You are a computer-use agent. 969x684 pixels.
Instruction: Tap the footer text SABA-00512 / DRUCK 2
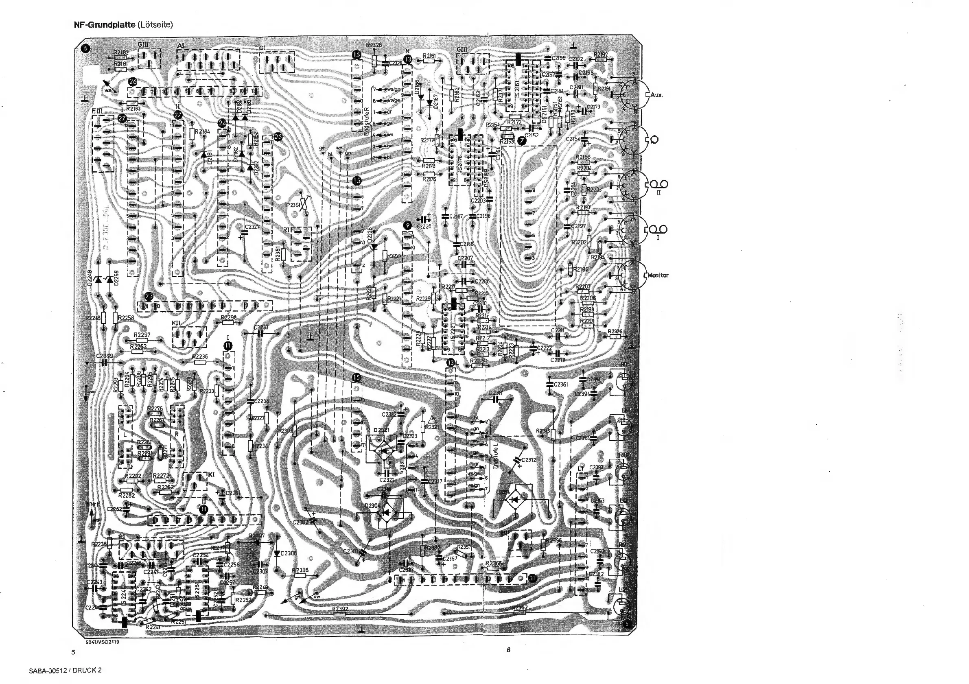pos(65,671)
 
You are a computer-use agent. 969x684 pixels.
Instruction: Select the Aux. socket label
pos(656,95)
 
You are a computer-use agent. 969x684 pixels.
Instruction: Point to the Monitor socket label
pos(657,275)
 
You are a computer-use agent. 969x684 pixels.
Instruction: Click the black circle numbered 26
pos(133,82)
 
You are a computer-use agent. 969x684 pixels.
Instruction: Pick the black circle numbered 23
pos(149,296)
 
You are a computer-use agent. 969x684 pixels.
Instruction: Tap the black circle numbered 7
pos(523,141)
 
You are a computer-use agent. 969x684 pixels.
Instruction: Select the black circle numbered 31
pos(533,579)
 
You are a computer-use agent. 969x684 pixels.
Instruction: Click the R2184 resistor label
pos(204,132)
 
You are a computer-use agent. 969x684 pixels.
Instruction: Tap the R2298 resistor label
pos(228,317)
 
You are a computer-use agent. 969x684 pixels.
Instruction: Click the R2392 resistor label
pos(340,609)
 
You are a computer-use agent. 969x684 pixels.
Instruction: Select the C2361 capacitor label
pos(561,385)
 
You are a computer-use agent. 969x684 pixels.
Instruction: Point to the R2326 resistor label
pos(615,332)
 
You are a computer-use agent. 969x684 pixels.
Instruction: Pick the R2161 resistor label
pos(429,56)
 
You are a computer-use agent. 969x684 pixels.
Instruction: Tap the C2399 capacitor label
pos(104,356)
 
